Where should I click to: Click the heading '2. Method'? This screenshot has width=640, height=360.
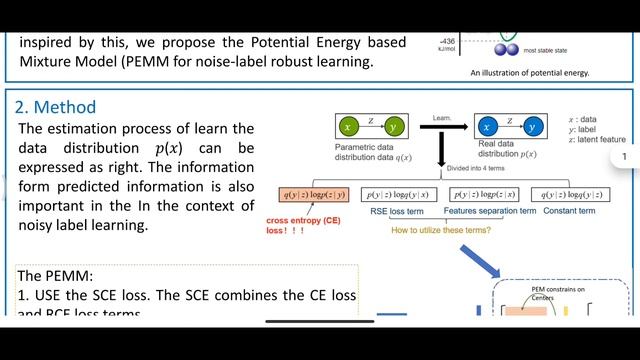56,107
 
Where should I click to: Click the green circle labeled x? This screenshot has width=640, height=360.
348,126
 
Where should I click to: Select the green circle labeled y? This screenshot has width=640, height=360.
394,126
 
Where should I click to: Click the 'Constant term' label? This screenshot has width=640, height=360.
571,212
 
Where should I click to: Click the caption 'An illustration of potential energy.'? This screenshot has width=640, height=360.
530,72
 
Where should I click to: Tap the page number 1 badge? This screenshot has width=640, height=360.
624,157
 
